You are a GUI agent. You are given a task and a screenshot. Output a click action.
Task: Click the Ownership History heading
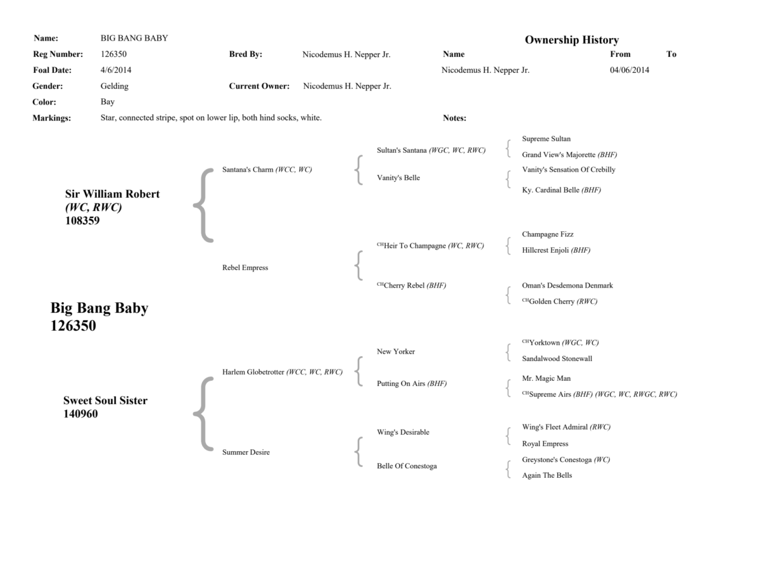click(x=571, y=40)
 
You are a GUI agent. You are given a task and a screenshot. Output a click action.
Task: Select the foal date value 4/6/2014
click(x=116, y=70)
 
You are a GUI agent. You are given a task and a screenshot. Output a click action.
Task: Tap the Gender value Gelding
click(x=114, y=86)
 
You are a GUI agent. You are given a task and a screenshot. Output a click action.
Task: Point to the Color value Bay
click(x=108, y=102)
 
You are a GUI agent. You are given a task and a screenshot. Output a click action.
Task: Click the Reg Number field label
click(x=58, y=54)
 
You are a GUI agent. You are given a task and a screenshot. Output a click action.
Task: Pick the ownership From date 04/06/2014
click(x=629, y=70)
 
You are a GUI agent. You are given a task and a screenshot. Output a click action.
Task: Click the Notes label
click(x=454, y=118)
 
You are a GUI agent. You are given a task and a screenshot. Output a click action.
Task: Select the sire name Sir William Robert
click(x=112, y=194)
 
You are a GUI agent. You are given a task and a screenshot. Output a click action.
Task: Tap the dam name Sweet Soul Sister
click(x=105, y=400)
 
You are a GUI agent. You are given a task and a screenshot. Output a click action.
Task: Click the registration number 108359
click(x=82, y=221)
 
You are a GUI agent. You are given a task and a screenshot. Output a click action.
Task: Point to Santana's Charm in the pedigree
click(x=248, y=170)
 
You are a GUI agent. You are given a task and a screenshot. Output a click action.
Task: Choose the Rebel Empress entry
click(x=245, y=268)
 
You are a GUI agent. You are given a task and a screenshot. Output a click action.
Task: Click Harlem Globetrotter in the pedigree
click(x=253, y=372)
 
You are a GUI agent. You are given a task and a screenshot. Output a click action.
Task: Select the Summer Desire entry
click(x=246, y=452)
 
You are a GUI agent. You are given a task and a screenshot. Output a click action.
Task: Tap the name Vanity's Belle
click(x=398, y=178)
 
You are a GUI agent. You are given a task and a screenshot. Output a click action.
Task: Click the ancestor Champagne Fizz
click(x=547, y=234)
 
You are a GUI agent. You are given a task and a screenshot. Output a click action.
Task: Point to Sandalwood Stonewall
click(x=557, y=359)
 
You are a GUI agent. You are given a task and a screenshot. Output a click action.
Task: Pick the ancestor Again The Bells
click(x=547, y=475)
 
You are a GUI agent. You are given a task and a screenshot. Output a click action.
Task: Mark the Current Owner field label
click(x=259, y=86)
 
